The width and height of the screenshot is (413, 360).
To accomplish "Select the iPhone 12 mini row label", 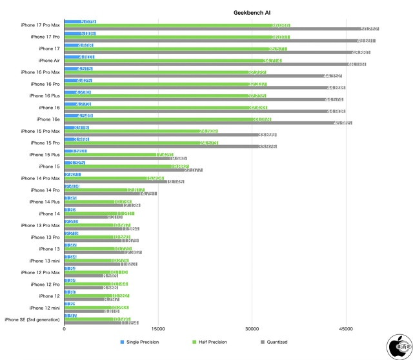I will point(45,308).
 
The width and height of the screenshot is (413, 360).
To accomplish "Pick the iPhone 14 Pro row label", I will point(45,190).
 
